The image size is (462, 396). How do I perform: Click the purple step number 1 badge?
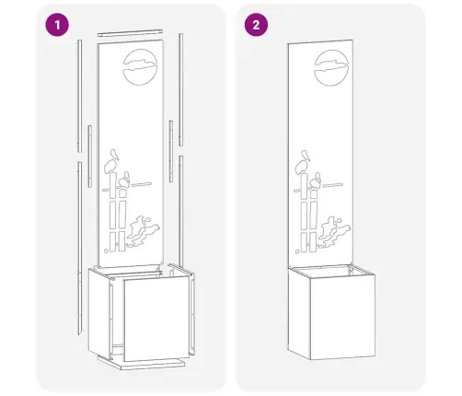[57, 25]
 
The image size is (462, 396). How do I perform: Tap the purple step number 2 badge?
[256, 25]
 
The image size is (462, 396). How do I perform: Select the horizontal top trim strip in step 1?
[130, 33]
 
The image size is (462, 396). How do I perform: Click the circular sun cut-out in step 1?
[141, 67]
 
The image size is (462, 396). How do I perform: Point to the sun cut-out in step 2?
[331, 67]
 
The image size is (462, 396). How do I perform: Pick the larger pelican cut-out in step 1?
[111, 162]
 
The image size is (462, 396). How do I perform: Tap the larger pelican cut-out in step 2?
[303, 162]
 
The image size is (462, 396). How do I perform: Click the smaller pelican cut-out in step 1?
[124, 181]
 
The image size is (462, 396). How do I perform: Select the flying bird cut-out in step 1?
[143, 231]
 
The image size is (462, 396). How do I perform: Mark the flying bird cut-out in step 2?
[334, 232]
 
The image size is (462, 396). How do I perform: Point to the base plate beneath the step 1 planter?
[142, 363]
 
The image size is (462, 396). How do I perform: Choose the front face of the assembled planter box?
[342, 317]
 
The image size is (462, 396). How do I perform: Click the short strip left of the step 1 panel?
[89, 157]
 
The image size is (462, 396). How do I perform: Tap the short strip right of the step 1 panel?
[171, 151]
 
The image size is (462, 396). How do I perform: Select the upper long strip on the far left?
[80, 96]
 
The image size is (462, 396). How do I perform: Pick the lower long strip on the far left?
[80, 248]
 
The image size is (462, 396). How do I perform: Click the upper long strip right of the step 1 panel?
[181, 89]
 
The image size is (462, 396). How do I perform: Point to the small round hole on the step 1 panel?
[106, 250]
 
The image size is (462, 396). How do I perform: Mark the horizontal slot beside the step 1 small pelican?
[142, 184]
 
